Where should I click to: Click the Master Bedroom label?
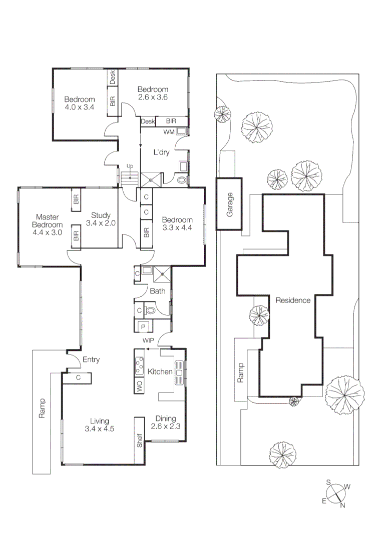(48, 224)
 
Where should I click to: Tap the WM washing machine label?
(169, 132)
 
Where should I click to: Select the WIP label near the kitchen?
(148, 340)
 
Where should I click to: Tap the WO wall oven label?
(139, 385)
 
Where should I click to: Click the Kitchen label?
(160, 372)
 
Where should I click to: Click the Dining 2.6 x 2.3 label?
(166, 422)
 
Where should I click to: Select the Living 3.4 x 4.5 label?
(100, 424)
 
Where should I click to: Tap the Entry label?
(91, 359)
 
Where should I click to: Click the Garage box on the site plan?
(230, 204)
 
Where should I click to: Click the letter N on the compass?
(343, 505)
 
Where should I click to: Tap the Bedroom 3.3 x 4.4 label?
(177, 223)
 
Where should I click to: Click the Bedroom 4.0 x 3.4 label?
(80, 103)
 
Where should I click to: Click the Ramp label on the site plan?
(241, 372)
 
